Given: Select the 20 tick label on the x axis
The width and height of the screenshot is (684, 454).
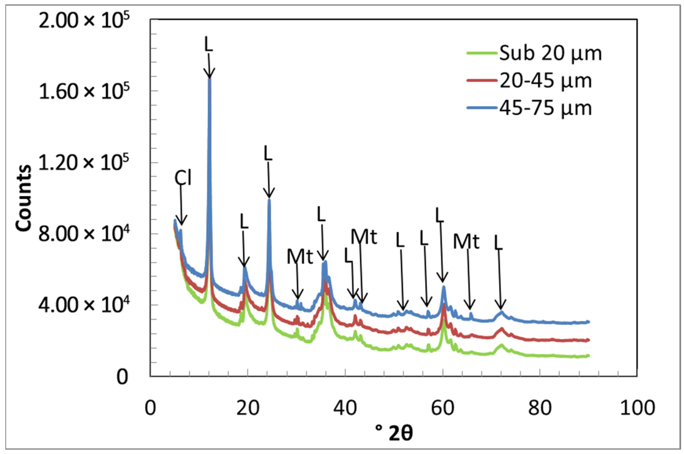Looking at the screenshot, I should (x=247, y=409).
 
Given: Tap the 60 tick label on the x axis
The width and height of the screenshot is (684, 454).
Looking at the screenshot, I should (x=443, y=409).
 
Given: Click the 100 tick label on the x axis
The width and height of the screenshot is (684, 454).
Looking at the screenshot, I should (x=637, y=409).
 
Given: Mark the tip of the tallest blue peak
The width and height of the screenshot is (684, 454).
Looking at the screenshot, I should (x=209, y=79).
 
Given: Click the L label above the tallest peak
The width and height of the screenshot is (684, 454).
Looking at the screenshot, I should (x=209, y=44).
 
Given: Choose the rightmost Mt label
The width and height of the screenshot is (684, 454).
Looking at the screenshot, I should (x=466, y=241).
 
